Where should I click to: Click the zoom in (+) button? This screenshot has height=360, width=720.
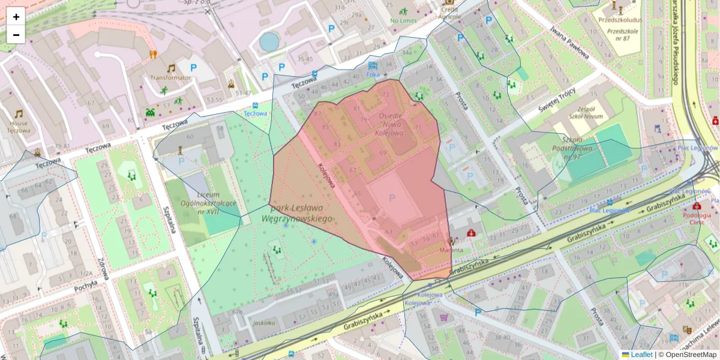point(16,17)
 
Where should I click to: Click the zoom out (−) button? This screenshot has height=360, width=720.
point(16,35)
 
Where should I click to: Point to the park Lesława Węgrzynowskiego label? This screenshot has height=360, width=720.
point(301,214)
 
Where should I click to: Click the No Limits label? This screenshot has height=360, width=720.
point(403,21)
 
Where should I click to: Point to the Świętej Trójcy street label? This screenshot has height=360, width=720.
point(556,100)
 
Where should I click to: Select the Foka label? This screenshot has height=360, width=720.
point(373,75)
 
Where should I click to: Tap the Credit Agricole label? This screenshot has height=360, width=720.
point(449,13)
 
